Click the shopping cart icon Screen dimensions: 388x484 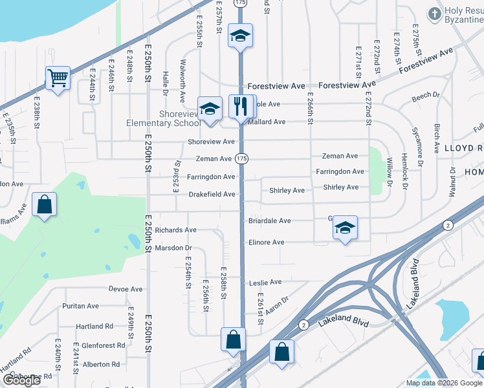click(x=58, y=78)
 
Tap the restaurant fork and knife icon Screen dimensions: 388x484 click(x=240, y=105)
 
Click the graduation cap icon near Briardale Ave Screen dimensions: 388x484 click(x=346, y=228)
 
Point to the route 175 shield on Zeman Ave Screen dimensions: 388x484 click(x=241, y=158)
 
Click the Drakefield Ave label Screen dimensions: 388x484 click(x=212, y=194)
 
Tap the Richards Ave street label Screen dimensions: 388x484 click(x=175, y=230)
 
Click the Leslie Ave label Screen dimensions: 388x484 click(x=266, y=283)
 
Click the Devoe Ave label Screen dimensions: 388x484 click(x=126, y=289)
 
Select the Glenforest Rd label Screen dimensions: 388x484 click(x=99, y=346)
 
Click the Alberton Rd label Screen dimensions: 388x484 click(x=101, y=365)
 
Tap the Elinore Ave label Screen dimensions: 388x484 click(x=266, y=242)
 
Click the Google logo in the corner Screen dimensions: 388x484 click(x=21, y=380)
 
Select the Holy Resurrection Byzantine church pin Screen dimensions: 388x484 click(x=434, y=13)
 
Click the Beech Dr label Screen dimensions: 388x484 click(x=425, y=96)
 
